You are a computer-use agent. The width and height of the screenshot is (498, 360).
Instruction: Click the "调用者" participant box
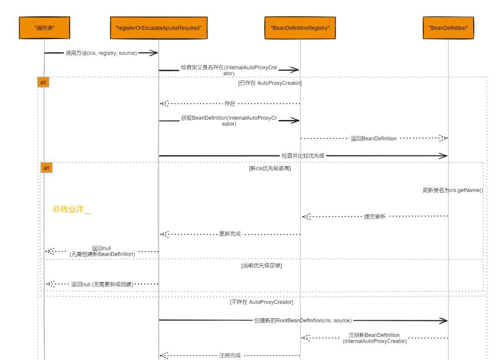44,28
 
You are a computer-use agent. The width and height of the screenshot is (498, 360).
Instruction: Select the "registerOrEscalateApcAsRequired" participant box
158,28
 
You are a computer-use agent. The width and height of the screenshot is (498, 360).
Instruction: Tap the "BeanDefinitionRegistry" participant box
300,28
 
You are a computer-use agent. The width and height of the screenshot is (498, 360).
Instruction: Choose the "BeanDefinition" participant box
448,28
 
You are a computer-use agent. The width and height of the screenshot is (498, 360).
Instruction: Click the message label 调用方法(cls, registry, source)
101,53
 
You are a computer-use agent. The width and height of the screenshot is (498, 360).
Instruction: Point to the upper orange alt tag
43,82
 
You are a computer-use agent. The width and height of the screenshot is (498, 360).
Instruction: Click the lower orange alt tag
46,168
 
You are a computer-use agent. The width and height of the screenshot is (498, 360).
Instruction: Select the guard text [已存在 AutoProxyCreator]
270,83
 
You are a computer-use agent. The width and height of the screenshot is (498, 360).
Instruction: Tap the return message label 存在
230,104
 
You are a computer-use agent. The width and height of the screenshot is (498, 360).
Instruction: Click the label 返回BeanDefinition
374,138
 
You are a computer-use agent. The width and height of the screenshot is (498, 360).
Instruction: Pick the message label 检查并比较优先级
303,156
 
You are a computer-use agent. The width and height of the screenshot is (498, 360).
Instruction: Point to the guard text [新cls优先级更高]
270,168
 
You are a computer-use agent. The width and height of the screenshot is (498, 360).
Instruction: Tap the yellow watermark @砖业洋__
72,210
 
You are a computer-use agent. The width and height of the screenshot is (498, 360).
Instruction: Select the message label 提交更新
375,217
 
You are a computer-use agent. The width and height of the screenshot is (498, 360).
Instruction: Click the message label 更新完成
230,234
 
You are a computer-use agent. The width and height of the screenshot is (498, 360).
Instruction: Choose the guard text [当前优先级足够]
262,266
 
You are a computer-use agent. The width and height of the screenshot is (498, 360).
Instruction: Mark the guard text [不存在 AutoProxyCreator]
262,302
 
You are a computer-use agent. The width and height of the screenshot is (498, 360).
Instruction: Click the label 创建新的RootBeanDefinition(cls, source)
303,321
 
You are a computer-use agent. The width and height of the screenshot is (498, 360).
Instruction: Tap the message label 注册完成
230,355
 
